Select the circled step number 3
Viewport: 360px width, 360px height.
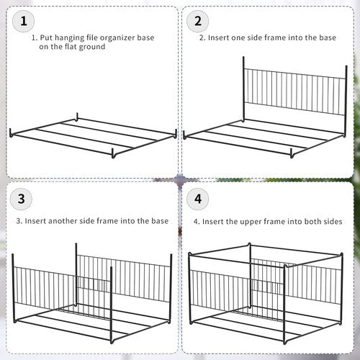tap(23, 198)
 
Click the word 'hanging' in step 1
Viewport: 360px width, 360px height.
tap(68, 35)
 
